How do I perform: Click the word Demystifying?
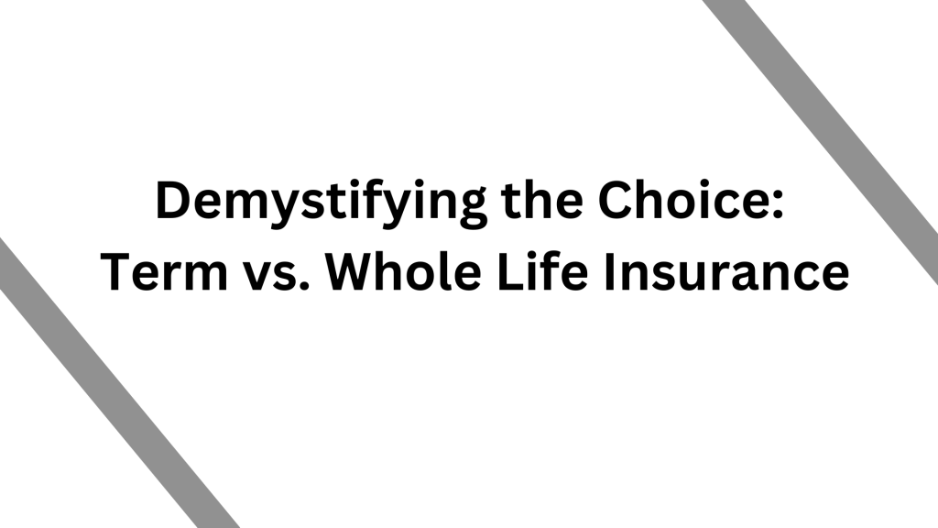[321, 203]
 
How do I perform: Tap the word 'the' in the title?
[542, 200]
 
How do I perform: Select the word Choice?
[681, 200]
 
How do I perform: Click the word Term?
[164, 271]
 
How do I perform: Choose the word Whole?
[403, 270]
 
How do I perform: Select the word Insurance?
[726, 271]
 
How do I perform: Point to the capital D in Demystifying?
[175, 200]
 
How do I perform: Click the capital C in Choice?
[616, 200]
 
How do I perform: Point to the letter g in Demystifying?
[469, 211]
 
